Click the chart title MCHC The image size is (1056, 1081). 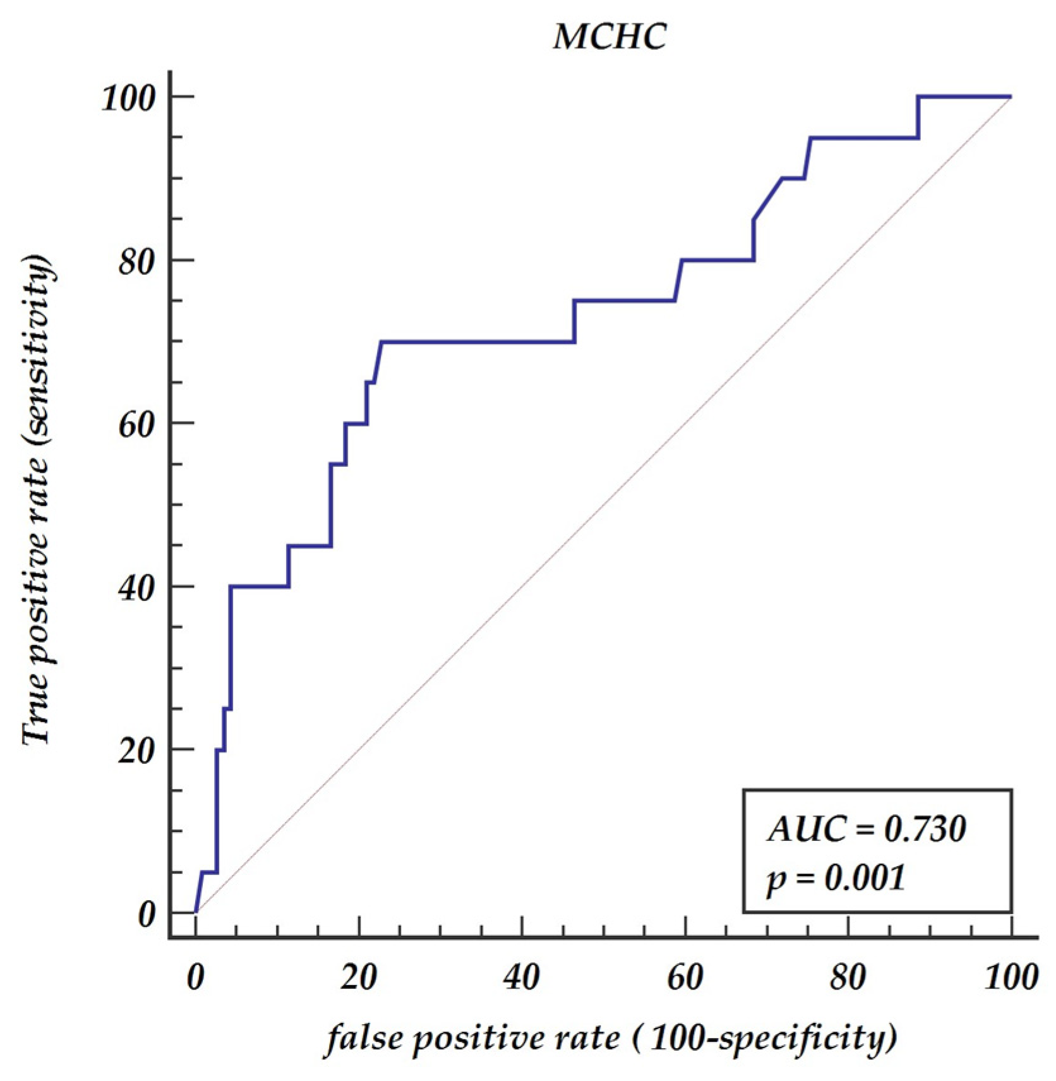[609, 36]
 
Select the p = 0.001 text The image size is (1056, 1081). [836, 878]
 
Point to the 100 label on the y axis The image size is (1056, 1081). [128, 98]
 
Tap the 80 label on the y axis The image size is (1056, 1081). [136, 261]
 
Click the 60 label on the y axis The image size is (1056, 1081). [136, 425]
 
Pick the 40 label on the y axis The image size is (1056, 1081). [136, 588]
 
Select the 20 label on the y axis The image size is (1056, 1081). [136, 751]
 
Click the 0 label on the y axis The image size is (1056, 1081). [147, 914]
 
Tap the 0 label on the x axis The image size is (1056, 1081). [196, 977]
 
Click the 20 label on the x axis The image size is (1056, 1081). [359, 977]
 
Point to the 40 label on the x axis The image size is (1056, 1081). [522, 977]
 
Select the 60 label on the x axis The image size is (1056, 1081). [685, 977]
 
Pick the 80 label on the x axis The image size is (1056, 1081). [848, 977]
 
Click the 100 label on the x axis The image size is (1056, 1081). [1011, 977]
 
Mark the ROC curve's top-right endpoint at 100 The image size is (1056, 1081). [1011, 97]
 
